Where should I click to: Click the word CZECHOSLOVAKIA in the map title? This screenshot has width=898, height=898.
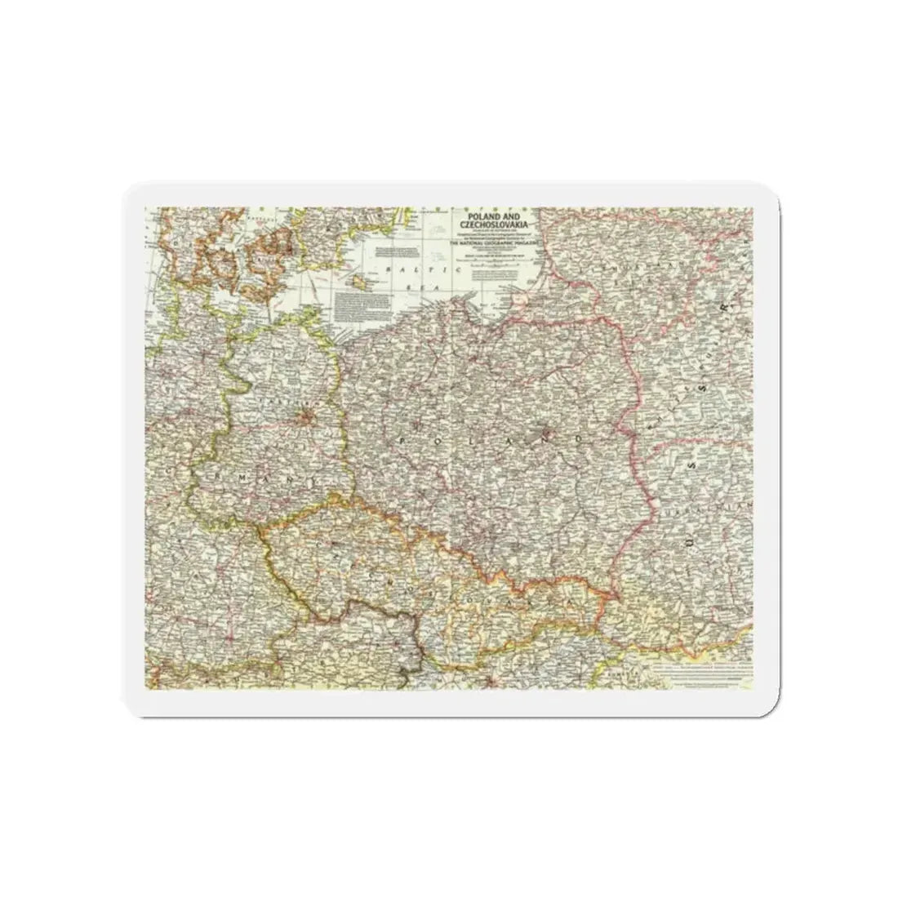(493, 224)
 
